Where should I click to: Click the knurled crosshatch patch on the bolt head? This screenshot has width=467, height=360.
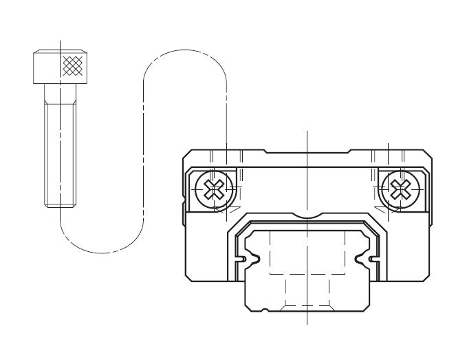[72, 66]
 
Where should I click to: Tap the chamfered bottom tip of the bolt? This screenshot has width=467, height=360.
[61, 204]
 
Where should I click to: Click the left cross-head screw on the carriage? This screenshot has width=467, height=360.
[215, 188]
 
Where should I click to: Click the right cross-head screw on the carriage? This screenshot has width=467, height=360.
[398, 188]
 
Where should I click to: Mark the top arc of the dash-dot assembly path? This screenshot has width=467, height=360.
[185, 50]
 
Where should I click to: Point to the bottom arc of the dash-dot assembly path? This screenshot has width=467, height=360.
[102, 253]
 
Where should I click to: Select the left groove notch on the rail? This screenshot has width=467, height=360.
[242, 259]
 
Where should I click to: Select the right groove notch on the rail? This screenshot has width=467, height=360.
[372, 259]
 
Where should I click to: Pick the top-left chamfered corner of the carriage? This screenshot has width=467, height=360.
[187, 154]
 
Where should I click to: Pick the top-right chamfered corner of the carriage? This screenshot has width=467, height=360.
[428, 154]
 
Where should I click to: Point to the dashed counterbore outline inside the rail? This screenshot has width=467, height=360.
[307, 255]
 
